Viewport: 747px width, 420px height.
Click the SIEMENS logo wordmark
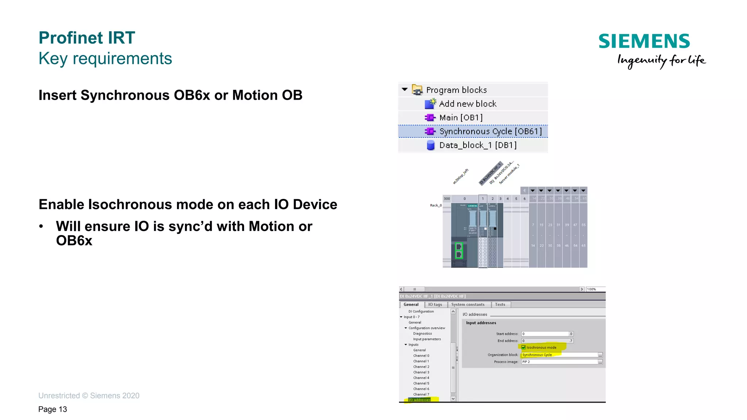[644, 41]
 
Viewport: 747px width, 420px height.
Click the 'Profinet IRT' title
[87, 38]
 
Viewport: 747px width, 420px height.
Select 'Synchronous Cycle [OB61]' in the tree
[490, 131]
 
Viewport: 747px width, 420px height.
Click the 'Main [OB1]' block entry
[461, 117]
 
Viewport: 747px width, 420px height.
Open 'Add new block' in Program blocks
[468, 104]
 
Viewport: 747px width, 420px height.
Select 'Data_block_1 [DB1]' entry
[478, 145]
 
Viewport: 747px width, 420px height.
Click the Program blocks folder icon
[417, 90]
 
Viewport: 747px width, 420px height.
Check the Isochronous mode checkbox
[523, 347]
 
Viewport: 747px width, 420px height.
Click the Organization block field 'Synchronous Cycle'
[558, 355]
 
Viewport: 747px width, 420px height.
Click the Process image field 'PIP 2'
[558, 362]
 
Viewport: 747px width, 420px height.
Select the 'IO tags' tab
[435, 305]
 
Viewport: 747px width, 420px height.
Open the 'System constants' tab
[468, 305]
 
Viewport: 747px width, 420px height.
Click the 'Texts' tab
[500, 305]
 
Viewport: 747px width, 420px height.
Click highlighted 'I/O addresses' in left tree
[419, 400]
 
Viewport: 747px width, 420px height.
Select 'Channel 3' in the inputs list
[421, 372]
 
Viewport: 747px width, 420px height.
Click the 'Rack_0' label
[436, 205]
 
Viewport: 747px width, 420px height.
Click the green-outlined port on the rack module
[459, 251]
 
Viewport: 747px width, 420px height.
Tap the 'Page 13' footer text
[53, 409]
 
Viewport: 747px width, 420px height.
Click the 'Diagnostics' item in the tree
[422, 334]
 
